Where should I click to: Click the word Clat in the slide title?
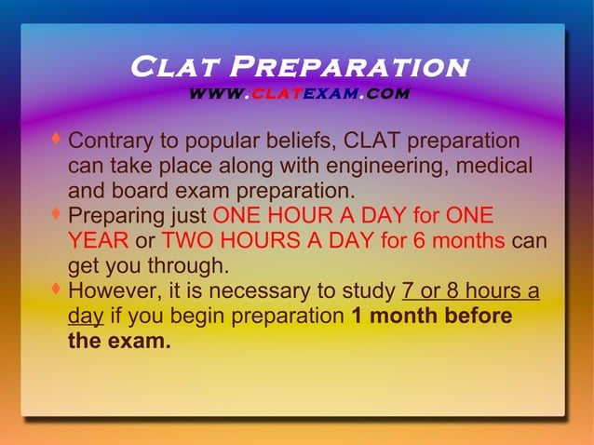(x=174, y=68)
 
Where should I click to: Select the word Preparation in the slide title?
(x=348, y=68)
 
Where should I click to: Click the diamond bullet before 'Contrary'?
(x=57, y=140)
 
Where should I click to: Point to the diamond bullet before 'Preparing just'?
(x=57, y=214)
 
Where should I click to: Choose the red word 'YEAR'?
(x=98, y=242)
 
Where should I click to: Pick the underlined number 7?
(x=408, y=291)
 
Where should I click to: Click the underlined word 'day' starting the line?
(x=86, y=317)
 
